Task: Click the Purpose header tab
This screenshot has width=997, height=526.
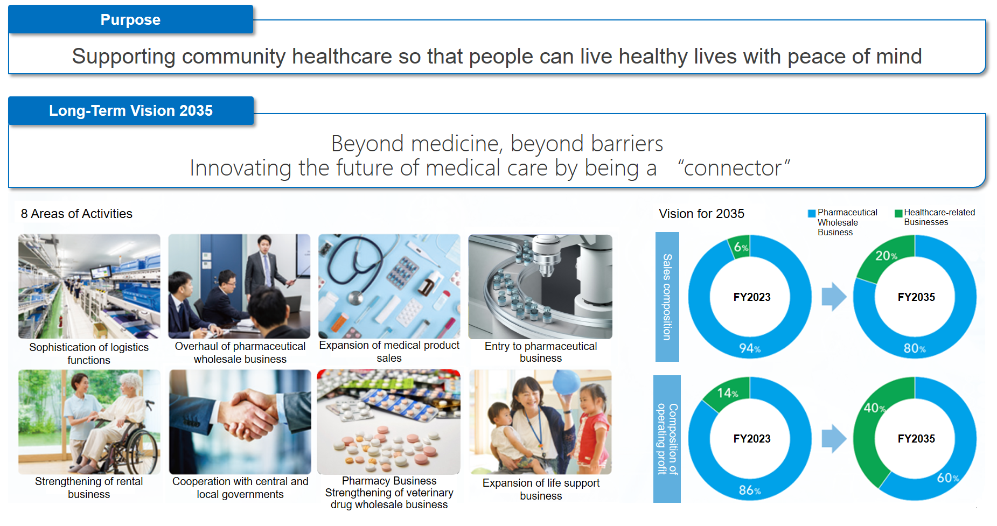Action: coord(130,19)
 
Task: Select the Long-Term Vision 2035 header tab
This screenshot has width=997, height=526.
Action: coord(131,110)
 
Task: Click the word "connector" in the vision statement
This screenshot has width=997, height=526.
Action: coord(733,168)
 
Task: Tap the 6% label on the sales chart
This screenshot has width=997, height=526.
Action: coord(741,247)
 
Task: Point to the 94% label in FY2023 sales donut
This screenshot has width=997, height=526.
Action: coord(750,348)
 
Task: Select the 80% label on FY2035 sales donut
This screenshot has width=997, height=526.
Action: coord(915,348)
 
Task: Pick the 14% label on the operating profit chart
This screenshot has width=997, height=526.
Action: coord(727,393)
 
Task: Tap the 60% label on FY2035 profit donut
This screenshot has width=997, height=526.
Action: coord(948,478)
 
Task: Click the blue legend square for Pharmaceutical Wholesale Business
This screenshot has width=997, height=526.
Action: coord(812,213)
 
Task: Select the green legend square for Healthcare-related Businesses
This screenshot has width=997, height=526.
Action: coord(898,213)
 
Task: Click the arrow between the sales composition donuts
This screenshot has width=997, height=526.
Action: coord(834,297)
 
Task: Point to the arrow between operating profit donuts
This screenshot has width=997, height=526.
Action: coord(834,438)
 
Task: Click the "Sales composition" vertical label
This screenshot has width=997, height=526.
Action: coord(667,297)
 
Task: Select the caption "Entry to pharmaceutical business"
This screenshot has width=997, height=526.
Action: coord(541,352)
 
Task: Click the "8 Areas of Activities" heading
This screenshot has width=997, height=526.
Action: coord(76,214)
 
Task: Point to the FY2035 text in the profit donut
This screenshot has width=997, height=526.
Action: coord(916,439)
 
